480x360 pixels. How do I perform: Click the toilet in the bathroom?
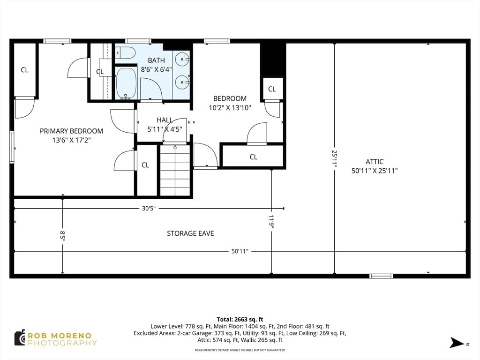click(126, 53)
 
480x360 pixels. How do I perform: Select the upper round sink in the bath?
click(183, 59)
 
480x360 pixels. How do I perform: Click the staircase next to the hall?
click(175, 170)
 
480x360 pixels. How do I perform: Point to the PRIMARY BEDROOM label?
click(71, 131)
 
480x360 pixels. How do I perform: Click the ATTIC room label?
click(375, 162)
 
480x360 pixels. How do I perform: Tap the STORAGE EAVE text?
click(190, 233)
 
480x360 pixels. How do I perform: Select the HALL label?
click(165, 120)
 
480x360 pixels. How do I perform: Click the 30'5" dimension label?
click(149, 209)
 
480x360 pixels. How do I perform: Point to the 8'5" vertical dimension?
click(62, 236)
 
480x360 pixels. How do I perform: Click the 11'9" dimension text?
click(271, 221)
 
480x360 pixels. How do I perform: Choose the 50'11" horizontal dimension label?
click(240, 251)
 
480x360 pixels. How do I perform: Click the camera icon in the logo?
click(20, 338)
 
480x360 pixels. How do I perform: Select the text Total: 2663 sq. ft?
click(240, 320)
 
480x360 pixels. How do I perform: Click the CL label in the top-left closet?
click(24, 70)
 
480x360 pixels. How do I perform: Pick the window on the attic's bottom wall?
click(381, 276)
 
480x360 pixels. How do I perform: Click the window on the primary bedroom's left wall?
click(12, 147)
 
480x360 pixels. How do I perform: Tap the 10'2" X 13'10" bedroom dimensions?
click(230, 108)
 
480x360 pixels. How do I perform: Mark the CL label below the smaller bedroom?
click(254, 157)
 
